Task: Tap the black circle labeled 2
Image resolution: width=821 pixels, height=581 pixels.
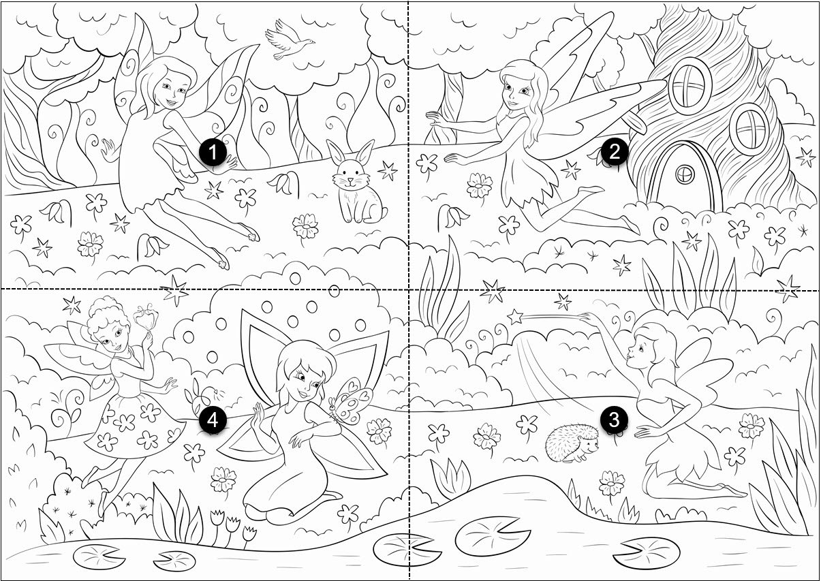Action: (614, 153)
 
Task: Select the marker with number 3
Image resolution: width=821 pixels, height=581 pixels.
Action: (614, 420)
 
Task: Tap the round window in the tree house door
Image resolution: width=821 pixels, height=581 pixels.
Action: (684, 174)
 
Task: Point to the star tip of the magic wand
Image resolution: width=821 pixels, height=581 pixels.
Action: (516, 317)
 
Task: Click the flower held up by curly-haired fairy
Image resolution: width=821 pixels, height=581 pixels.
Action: (144, 315)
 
